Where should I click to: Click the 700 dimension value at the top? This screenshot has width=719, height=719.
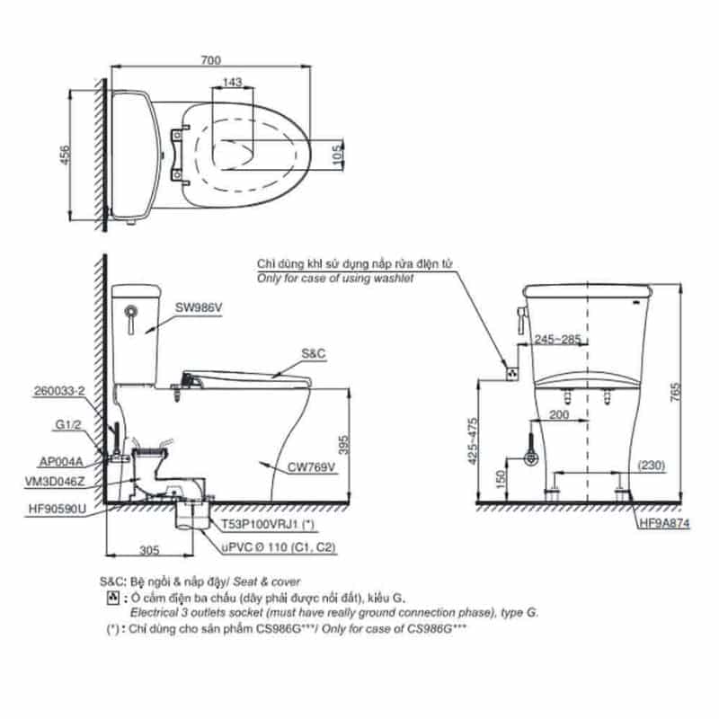[x=211, y=60]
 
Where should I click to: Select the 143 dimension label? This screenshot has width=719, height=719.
[x=233, y=82]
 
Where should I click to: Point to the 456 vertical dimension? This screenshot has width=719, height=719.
[x=65, y=155]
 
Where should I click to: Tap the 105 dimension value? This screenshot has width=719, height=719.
[x=338, y=155]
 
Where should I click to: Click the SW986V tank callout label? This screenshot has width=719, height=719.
[x=199, y=307]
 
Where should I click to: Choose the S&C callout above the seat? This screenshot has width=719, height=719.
[x=313, y=353]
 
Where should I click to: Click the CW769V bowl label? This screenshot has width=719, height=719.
[x=311, y=467]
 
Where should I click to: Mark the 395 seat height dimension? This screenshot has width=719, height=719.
[x=344, y=444]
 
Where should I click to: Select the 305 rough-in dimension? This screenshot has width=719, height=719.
[x=149, y=550]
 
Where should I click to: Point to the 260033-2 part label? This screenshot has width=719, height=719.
[x=59, y=391]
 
